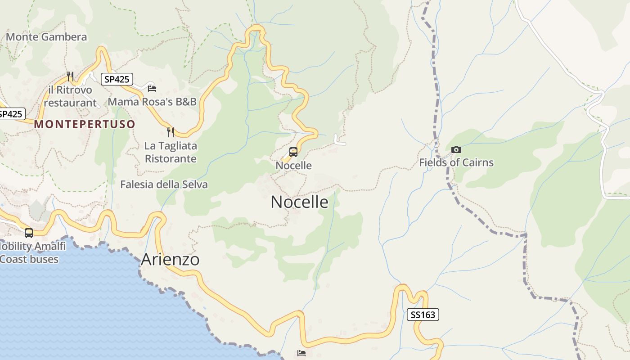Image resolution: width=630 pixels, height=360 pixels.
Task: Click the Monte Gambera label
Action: [x=46, y=37]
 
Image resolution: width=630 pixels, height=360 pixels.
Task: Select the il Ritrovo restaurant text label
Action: [x=70, y=96]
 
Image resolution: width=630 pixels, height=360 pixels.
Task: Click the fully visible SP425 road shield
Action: [x=117, y=80]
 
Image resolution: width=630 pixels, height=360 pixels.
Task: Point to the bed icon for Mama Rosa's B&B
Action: [x=152, y=88]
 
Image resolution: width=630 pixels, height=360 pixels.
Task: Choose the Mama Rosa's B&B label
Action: [x=152, y=102]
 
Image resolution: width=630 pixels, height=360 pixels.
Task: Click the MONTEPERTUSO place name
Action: [x=85, y=124]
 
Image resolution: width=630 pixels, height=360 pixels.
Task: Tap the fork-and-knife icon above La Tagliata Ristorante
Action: [x=170, y=132]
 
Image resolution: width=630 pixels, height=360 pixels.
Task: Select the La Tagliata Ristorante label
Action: [x=171, y=153]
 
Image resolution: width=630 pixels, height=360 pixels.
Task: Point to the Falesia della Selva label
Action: [x=164, y=184]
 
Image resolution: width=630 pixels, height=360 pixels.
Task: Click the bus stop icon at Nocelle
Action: [x=293, y=152]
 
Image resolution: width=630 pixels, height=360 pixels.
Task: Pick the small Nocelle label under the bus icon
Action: [x=293, y=166]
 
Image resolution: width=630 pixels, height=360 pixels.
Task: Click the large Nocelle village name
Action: [x=299, y=202]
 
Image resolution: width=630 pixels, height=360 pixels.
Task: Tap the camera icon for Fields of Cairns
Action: [x=456, y=149]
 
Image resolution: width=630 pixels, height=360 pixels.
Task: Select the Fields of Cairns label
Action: [x=456, y=163]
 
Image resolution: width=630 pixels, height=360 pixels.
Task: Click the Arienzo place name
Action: [x=170, y=260]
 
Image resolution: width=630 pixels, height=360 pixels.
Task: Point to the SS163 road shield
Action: [x=423, y=315]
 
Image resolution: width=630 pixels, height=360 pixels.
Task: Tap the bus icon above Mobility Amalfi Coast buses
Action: [x=29, y=233]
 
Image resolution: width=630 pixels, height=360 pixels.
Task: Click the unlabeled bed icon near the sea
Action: [x=301, y=353]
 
